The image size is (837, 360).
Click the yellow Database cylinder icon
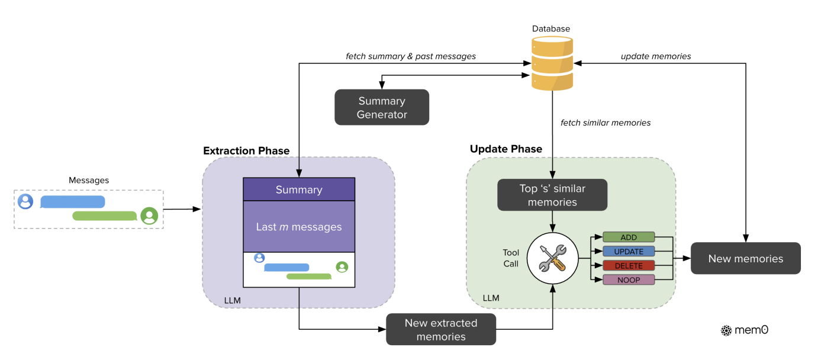coord(552,63)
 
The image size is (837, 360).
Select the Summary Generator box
coord(382,107)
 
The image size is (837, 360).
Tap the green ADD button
coord(629,237)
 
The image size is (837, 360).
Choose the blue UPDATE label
coord(629,251)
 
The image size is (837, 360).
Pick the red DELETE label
coord(629,265)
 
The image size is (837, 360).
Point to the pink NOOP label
coord(629,279)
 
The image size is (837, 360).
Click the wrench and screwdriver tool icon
coord(552,258)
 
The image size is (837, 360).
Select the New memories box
coord(745,258)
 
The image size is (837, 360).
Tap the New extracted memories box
coord(441,329)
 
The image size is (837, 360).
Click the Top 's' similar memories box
coord(552,195)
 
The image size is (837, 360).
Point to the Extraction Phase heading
coord(246,150)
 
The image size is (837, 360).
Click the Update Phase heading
coord(506,149)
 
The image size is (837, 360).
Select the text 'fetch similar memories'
coord(606,123)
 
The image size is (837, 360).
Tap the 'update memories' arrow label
coord(656,56)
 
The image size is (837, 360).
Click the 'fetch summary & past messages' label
coord(411,56)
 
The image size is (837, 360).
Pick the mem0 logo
coord(744,330)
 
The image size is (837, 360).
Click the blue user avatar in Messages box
coord(25,201)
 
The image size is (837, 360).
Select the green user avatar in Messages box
coord(149,216)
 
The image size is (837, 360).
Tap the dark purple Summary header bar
coord(299,189)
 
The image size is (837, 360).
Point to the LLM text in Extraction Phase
coord(233,300)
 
